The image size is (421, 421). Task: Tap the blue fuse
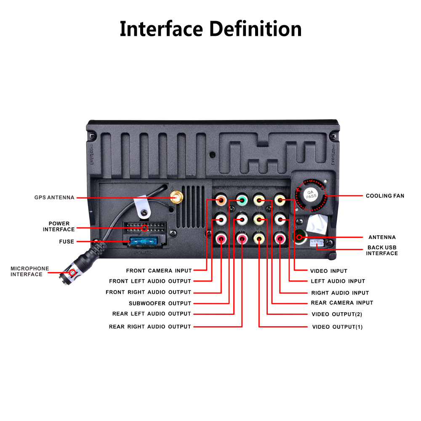click(145, 242)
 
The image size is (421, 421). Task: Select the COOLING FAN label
click(385, 196)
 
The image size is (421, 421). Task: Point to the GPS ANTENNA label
click(54, 197)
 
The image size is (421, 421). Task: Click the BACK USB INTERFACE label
click(382, 250)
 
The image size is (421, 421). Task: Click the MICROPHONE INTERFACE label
click(29, 272)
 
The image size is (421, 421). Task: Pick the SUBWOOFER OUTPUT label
click(160, 303)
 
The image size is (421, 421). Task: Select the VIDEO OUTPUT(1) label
click(337, 327)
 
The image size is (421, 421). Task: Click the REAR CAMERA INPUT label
click(342, 303)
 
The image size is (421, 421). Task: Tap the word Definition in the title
click(256, 29)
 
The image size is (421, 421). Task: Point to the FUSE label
click(67, 242)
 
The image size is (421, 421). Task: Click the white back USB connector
click(315, 244)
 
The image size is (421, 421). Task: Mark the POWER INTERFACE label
click(59, 226)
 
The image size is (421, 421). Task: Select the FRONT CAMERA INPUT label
click(159, 271)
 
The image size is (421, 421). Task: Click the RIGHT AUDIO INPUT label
click(340, 293)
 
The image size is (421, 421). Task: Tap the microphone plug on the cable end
click(71, 273)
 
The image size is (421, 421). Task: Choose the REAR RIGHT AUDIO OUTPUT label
click(150, 327)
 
